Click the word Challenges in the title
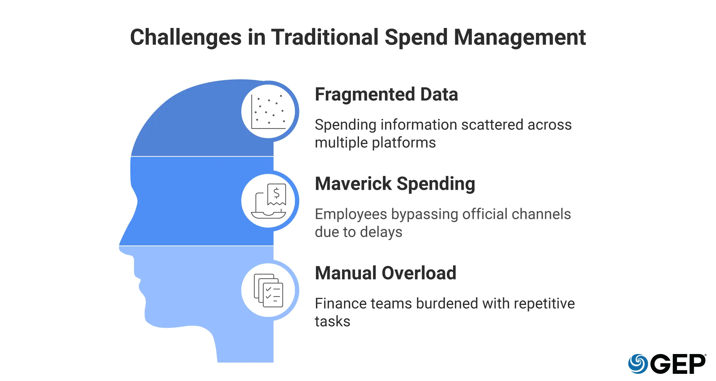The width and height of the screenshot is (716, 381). coord(186,37)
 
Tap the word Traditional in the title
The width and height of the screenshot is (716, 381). coord(325,37)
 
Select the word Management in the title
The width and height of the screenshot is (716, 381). coord(519,37)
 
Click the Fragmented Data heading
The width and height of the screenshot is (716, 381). coord(386,95)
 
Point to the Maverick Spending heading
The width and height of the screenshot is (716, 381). coord(395,184)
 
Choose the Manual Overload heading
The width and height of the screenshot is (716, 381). coord(385,273)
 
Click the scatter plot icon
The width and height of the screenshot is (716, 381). coord(268,112)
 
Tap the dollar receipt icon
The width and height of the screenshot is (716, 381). coord(269,201)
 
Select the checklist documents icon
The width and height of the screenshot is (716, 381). coord(268,290)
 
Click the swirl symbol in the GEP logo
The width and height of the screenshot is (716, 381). coord(638,364)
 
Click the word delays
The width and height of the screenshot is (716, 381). coord(381,232)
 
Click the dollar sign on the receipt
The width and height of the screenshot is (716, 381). coord(277,193)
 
